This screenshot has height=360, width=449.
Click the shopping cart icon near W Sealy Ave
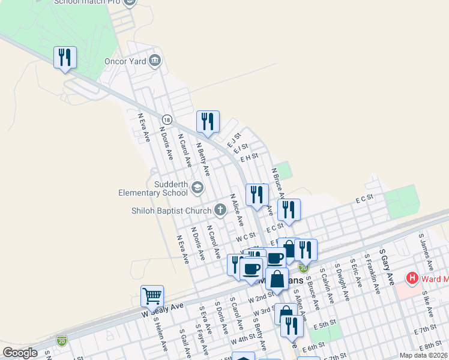(x=152, y=296)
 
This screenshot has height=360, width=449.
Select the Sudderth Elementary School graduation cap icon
(x=197, y=188)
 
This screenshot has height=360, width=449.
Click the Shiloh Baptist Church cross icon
(x=220, y=210)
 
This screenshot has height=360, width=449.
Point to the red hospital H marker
(x=412, y=278)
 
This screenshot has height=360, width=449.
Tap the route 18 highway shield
(x=167, y=120)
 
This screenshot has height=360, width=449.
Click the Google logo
(x=20, y=353)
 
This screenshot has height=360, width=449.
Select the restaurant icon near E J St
(x=208, y=122)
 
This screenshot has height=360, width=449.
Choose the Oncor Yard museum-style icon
(x=155, y=59)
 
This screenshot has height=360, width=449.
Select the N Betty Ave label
(x=203, y=158)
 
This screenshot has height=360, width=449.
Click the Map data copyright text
(x=424, y=355)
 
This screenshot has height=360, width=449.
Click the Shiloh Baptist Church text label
(x=172, y=211)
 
